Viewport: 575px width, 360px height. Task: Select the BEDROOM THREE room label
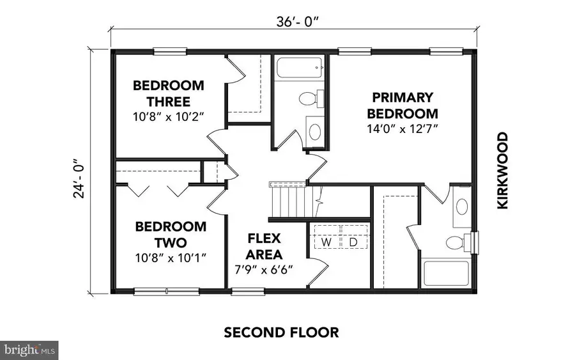(169, 93)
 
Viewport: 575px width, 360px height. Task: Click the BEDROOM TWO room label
(171, 235)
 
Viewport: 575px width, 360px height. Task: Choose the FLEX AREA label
(264, 246)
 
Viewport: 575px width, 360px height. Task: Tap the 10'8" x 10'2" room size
(169, 118)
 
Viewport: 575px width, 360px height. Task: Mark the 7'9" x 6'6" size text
(264, 269)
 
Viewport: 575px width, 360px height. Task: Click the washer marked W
(326, 243)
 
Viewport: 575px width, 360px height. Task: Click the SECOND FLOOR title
(281, 333)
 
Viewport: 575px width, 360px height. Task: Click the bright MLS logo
(31, 350)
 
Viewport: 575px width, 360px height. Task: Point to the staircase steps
(288, 200)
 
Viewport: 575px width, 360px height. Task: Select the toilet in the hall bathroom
(309, 99)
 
